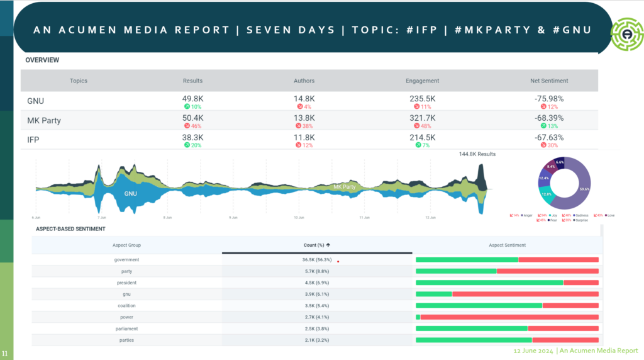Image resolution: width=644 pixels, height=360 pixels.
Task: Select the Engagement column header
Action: [x=423, y=81]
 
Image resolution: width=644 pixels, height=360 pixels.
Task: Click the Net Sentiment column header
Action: [x=549, y=81]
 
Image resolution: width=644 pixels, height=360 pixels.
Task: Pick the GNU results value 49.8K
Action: [x=192, y=99]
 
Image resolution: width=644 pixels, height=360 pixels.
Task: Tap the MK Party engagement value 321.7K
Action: [x=423, y=118]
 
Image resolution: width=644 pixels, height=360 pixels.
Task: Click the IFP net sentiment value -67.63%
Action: [x=549, y=137]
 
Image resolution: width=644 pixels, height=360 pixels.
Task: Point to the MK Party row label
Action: [x=44, y=120]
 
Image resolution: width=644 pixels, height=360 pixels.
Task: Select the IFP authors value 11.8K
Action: [x=304, y=137]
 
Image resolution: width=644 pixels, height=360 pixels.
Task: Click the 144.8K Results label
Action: [x=477, y=154]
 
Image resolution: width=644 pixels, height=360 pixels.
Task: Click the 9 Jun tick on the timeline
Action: [x=233, y=218]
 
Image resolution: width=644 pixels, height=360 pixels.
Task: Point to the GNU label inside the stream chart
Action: [x=130, y=193]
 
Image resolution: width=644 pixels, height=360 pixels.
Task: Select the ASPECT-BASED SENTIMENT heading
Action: [x=70, y=228]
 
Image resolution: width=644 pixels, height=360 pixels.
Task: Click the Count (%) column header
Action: [x=317, y=245]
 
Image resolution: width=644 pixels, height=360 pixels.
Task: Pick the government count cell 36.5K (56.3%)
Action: [x=317, y=259]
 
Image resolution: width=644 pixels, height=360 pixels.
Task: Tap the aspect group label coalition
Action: [x=126, y=305]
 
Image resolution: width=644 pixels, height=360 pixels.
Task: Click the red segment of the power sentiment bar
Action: [x=509, y=317]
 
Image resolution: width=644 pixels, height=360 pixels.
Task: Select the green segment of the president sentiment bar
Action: [x=489, y=283]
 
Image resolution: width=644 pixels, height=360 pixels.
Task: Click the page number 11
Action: [x=5, y=352]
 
